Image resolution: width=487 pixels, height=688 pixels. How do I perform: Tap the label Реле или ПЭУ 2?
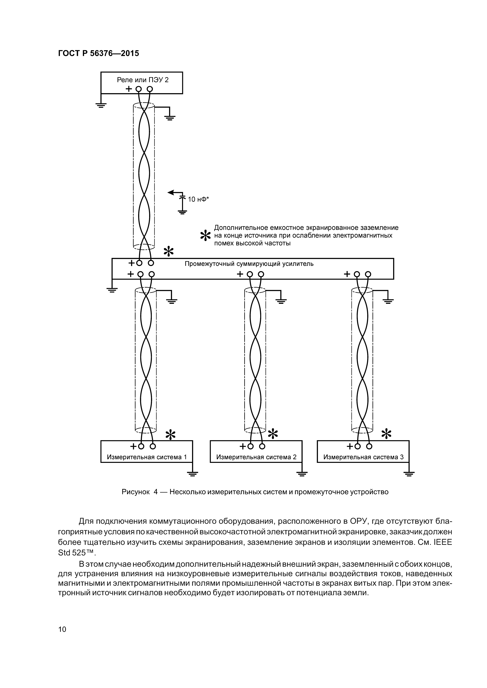tap(143, 80)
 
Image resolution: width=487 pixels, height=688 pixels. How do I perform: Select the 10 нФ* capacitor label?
tap(198, 199)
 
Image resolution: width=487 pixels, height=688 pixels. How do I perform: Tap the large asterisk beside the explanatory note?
tap(205, 236)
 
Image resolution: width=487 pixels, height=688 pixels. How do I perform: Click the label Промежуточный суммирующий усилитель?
tap(249, 264)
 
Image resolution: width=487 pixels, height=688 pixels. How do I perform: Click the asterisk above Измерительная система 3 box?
tap(386, 434)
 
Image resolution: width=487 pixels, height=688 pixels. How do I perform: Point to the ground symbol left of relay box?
tap(101, 105)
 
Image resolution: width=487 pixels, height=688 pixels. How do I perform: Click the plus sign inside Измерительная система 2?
tap(243, 447)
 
